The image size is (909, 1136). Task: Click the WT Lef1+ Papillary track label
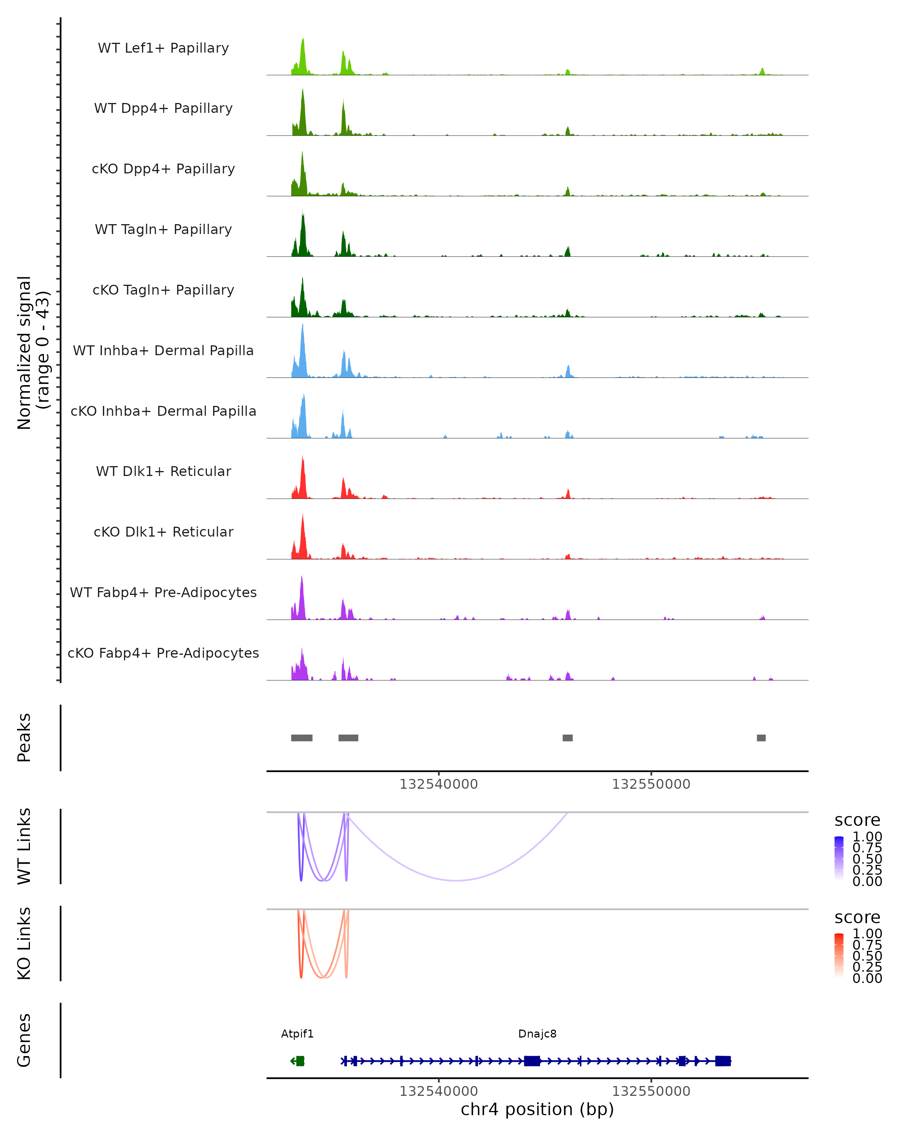tap(163, 48)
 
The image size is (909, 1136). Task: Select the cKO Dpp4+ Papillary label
tap(163, 169)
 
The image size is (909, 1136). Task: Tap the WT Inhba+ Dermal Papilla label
tap(163, 350)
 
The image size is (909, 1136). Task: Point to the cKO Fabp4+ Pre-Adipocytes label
tap(163, 653)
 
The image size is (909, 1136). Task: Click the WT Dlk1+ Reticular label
tap(163, 471)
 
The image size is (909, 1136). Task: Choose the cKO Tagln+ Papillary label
tap(163, 290)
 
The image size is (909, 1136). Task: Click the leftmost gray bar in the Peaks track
tap(301, 738)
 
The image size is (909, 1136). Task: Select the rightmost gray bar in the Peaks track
tap(761, 738)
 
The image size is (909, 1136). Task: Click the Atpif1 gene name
tap(297, 1034)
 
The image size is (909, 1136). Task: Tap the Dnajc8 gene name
tap(537, 1034)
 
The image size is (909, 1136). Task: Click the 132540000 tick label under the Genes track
tap(439, 1091)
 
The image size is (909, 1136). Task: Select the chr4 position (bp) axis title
tap(537, 1109)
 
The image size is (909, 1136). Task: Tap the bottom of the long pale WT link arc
tap(456, 880)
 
